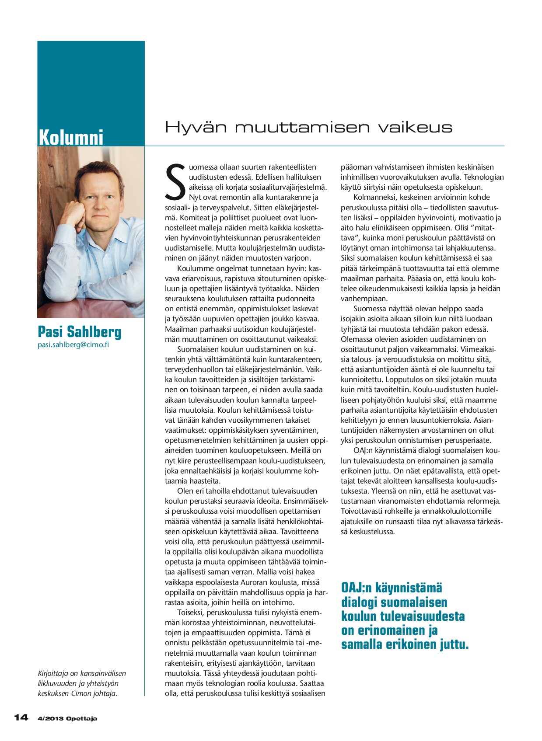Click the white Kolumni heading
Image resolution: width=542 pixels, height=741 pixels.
point(71,137)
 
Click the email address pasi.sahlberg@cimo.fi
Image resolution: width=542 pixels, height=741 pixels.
point(73,344)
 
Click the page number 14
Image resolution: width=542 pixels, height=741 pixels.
point(21,718)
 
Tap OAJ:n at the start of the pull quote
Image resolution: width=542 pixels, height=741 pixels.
point(356,588)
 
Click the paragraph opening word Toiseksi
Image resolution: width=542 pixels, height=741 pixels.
point(190,612)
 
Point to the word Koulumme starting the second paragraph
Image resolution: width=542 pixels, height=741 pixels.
point(196,268)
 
